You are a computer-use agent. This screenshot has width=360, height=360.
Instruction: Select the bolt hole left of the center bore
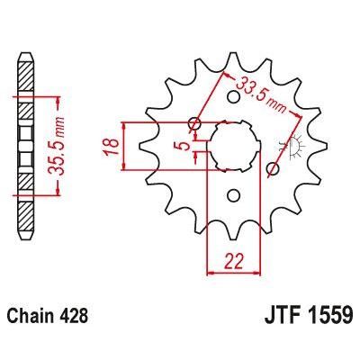pos(193,122)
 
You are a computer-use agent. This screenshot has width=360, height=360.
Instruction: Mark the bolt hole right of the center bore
pos(274,167)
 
